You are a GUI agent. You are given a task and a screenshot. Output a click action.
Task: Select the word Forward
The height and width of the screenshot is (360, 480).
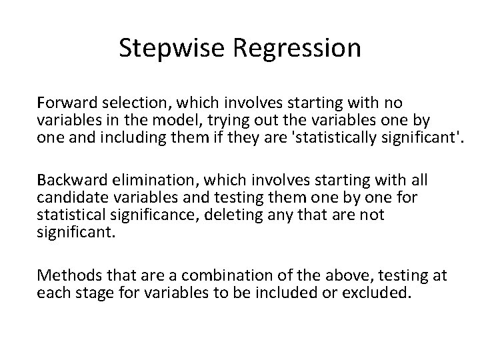click(x=64, y=103)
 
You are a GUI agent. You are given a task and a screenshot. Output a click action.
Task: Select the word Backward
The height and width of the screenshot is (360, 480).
click(x=69, y=180)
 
